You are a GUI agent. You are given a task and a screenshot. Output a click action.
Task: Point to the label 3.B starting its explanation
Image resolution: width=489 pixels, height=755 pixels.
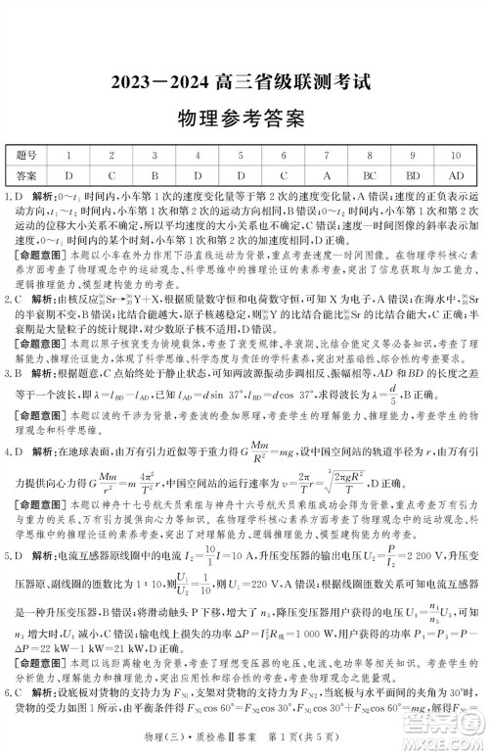pos(17,374)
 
